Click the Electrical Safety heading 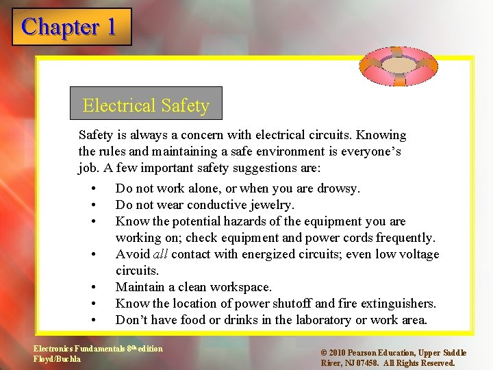point(146,106)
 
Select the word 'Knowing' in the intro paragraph point(381,135)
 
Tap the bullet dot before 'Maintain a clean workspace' point(91,288)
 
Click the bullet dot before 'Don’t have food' point(91,321)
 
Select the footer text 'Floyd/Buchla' point(58,358)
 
